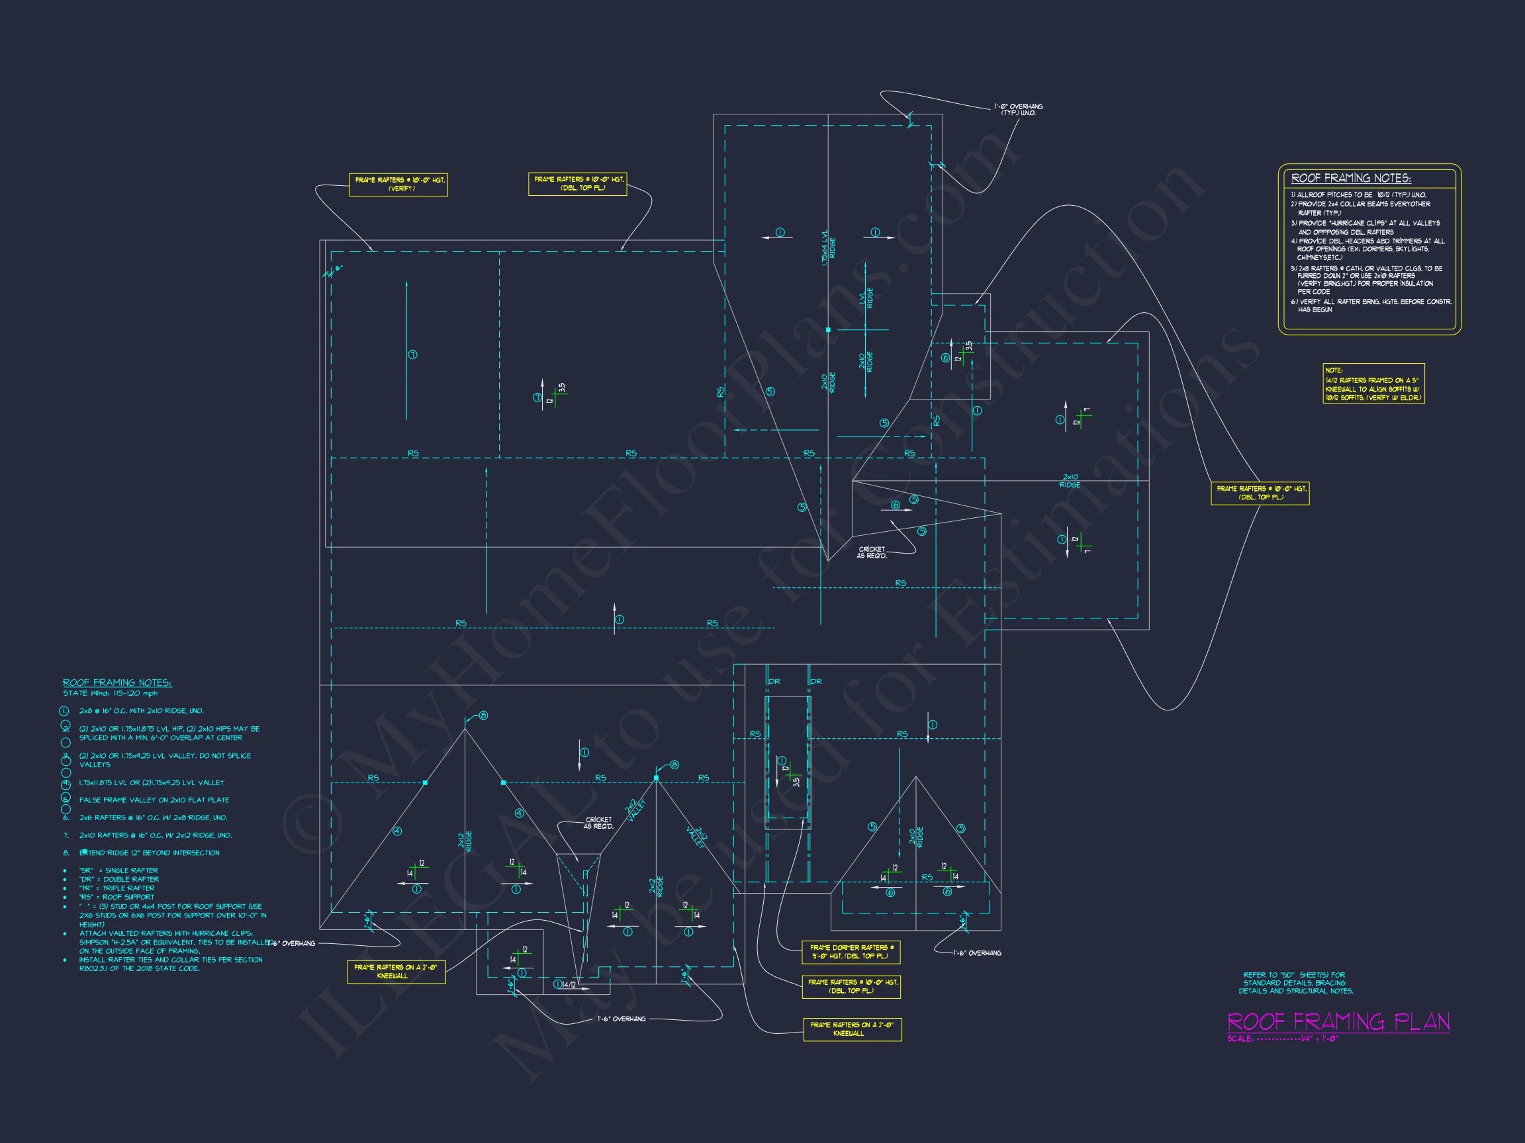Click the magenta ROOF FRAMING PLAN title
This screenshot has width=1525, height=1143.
click(x=1338, y=1021)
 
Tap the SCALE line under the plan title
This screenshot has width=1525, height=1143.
click(x=1282, y=1039)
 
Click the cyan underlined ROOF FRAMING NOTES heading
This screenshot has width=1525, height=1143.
click(x=117, y=683)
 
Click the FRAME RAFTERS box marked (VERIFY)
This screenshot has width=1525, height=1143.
click(x=398, y=185)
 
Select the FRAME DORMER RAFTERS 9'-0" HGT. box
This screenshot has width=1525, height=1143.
click(x=851, y=952)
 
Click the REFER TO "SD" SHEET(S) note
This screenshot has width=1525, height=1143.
click(x=1295, y=983)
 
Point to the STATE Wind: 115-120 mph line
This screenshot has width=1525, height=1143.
click(x=111, y=693)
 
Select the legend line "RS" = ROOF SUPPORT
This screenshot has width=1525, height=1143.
click(x=115, y=897)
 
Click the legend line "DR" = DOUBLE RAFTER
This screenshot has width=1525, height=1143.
click(x=118, y=879)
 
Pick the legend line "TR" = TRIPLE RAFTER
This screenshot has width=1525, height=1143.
click(x=116, y=888)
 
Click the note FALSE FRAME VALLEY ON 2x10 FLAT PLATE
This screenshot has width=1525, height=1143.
click(x=154, y=800)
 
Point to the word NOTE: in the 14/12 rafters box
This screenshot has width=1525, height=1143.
click(x=1334, y=370)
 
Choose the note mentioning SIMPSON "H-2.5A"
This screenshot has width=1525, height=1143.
click(x=172, y=942)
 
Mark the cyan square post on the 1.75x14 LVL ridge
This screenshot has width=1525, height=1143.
click(x=828, y=330)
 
